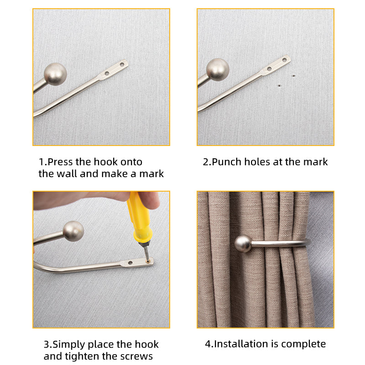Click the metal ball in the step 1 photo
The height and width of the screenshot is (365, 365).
click(55, 72)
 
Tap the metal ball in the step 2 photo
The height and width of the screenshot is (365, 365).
click(217, 69)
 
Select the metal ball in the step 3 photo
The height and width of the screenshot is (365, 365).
click(73, 231)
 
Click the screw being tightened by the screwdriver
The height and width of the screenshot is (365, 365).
click(148, 260)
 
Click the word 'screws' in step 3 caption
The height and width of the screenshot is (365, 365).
click(137, 356)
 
